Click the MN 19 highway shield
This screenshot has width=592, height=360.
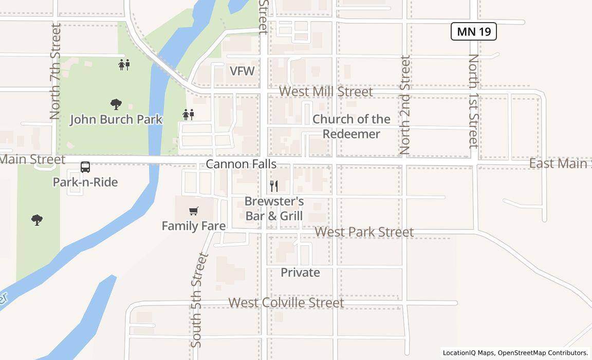click(x=473, y=31)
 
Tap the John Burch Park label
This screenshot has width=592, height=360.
click(x=116, y=119)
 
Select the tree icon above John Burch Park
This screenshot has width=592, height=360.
click(x=116, y=104)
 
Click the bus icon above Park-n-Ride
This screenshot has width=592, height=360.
click(x=85, y=167)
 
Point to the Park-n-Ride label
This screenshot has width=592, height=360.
click(x=85, y=182)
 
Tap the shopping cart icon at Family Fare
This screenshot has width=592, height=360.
click(x=194, y=211)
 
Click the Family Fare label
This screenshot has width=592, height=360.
click(x=194, y=226)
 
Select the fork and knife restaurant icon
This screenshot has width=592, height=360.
click(x=274, y=186)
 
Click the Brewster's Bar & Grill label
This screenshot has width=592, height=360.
click(x=274, y=208)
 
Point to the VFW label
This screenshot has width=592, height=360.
click(x=242, y=71)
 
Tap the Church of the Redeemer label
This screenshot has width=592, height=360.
click(x=351, y=127)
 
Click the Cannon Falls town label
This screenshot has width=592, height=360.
click(x=241, y=164)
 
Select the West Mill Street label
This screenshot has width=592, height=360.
click(x=326, y=92)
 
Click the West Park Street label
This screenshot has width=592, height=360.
click(x=364, y=232)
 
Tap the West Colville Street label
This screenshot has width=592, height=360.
click(x=286, y=302)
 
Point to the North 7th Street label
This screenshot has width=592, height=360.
click(x=55, y=71)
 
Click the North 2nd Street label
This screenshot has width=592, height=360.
click(x=405, y=105)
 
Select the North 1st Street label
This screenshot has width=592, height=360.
click(x=473, y=101)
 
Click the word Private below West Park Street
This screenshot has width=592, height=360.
click(x=300, y=273)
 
